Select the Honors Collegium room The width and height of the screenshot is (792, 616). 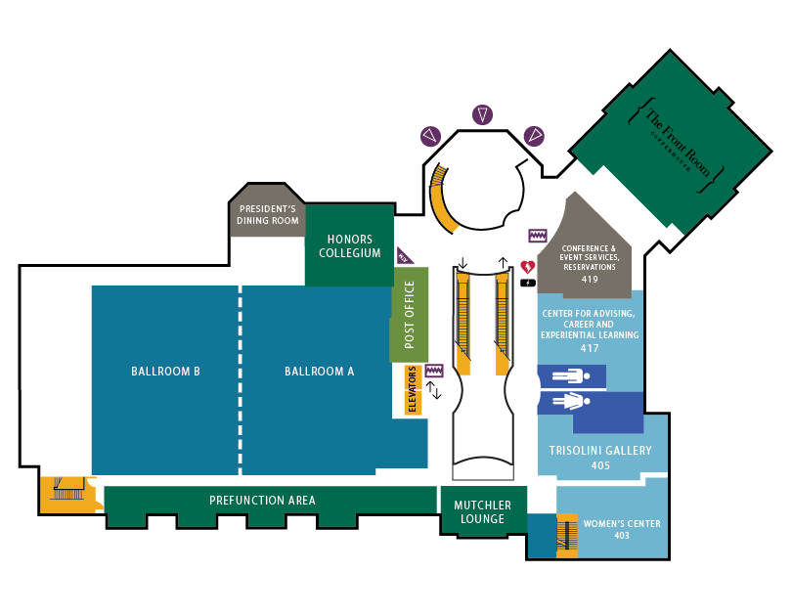click(x=349, y=246)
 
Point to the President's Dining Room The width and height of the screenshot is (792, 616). click(x=268, y=215)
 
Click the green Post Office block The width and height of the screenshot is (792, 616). click(x=410, y=315)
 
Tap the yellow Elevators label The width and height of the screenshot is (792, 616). click(x=412, y=390)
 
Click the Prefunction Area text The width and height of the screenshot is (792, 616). click(x=262, y=501)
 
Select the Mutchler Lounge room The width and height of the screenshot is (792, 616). click(x=482, y=512)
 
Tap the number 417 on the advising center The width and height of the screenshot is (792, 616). click(x=590, y=348)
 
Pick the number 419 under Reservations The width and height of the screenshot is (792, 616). click(x=589, y=280)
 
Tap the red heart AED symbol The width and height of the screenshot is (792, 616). click(x=528, y=267)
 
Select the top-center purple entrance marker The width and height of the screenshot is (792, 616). click(x=482, y=115)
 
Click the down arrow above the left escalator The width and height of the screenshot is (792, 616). click(x=462, y=264)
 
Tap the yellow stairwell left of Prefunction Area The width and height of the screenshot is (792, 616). click(x=68, y=492)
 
